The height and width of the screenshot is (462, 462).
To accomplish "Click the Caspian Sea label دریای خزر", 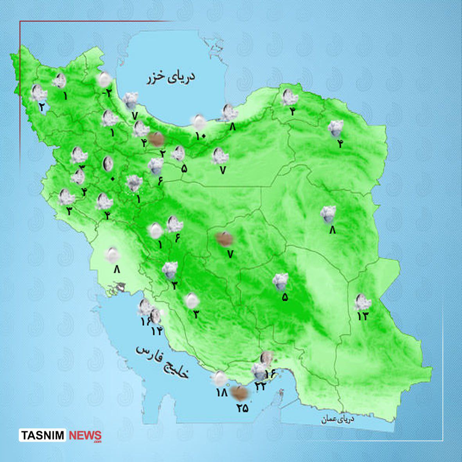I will point(171,78).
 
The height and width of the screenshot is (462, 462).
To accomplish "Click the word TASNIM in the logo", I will point(43,435).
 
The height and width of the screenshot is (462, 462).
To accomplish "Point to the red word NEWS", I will point(85,435).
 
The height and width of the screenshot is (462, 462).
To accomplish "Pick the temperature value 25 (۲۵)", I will point(242,408).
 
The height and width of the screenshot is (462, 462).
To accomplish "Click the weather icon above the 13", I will point(362,302).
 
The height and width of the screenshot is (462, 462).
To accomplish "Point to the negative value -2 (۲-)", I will point(107,93).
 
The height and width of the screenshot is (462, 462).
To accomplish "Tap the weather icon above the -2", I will point(104,79).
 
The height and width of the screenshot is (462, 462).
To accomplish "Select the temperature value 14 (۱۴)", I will point(156,331).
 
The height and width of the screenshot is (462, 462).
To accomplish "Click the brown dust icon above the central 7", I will point(224,239).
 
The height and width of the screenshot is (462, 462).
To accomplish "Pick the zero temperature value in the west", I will point(113,179).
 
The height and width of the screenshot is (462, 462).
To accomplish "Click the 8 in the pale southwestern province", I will point(117,269).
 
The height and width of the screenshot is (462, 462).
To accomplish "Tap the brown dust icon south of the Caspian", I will point(156,139).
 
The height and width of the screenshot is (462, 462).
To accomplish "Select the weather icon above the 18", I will point(219,378).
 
